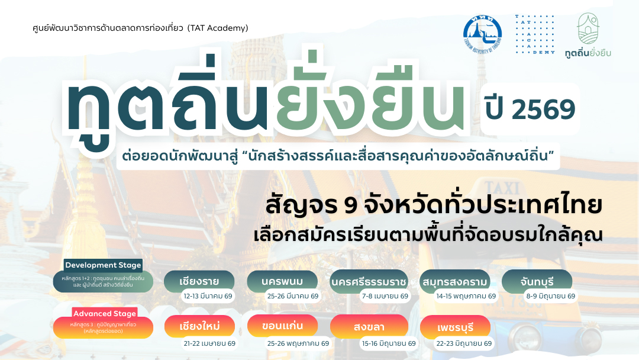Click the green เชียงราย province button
pos(199,281)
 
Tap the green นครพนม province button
pos(282,281)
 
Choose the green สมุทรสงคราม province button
pos(454,281)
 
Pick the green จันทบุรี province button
pos(537,281)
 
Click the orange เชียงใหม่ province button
pos(199,327)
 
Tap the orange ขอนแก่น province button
pos(282,327)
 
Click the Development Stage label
pos(103,265)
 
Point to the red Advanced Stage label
pos(104,313)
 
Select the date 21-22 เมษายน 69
pos(209,343)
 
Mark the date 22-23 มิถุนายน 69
pos(463,343)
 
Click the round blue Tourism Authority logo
pos(482,35)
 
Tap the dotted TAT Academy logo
pos(535,35)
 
